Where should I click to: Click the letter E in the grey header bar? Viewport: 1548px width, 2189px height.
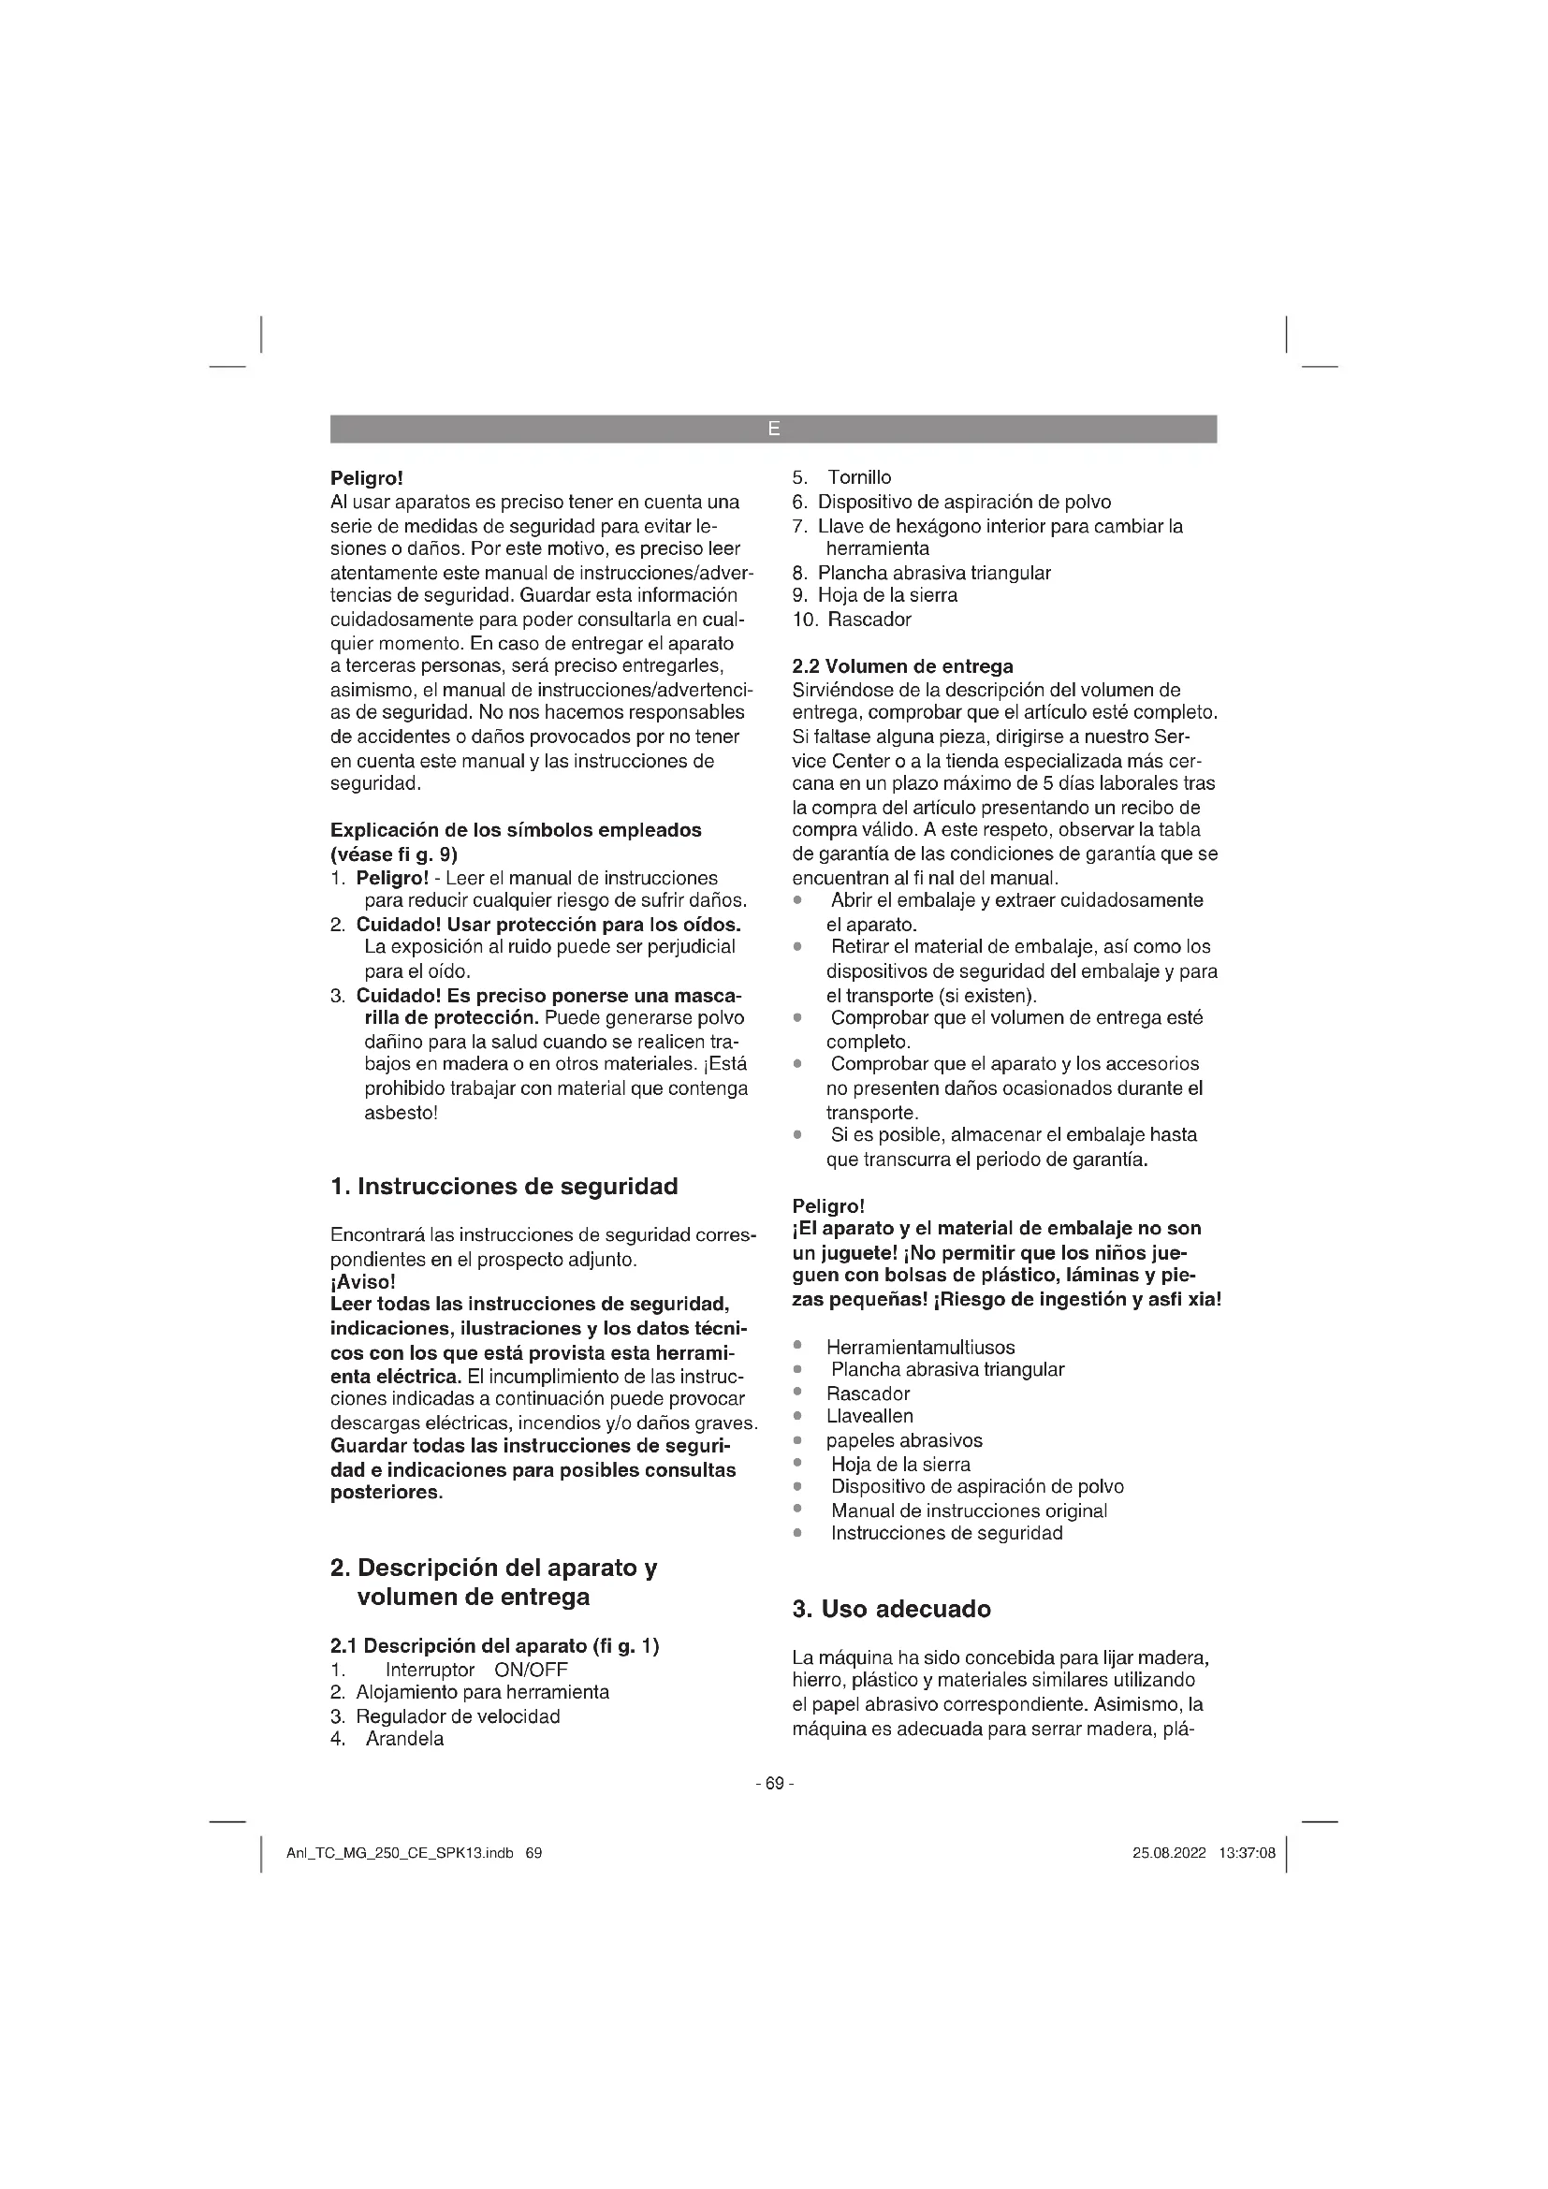point(773,429)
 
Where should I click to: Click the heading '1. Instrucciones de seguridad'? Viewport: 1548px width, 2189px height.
point(504,1186)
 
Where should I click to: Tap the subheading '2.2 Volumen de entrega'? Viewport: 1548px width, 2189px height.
point(902,665)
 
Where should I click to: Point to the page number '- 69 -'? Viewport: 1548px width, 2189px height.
point(774,1783)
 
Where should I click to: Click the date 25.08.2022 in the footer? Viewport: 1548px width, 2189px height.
point(1169,1853)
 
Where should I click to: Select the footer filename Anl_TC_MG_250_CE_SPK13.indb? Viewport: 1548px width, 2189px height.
point(400,1853)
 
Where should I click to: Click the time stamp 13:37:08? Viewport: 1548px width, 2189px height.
point(1247,1853)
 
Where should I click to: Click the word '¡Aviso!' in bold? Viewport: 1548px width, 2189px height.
point(362,1281)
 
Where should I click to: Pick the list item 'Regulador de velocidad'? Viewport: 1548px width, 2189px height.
point(458,1716)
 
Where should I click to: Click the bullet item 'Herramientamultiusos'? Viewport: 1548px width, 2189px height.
point(920,1347)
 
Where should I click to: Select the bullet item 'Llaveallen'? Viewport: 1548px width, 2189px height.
point(869,1416)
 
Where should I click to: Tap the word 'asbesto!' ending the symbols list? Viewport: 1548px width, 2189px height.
point(401,1112)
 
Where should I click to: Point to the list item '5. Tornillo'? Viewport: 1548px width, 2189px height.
point(841,476)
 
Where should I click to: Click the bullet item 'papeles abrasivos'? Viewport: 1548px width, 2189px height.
point(904,1440)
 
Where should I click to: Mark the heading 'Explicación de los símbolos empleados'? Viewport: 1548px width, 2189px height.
point(516,829)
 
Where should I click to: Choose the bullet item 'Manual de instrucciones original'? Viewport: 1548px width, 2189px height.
point(969,1510)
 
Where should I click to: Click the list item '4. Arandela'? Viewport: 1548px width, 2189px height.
point(387,1738)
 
